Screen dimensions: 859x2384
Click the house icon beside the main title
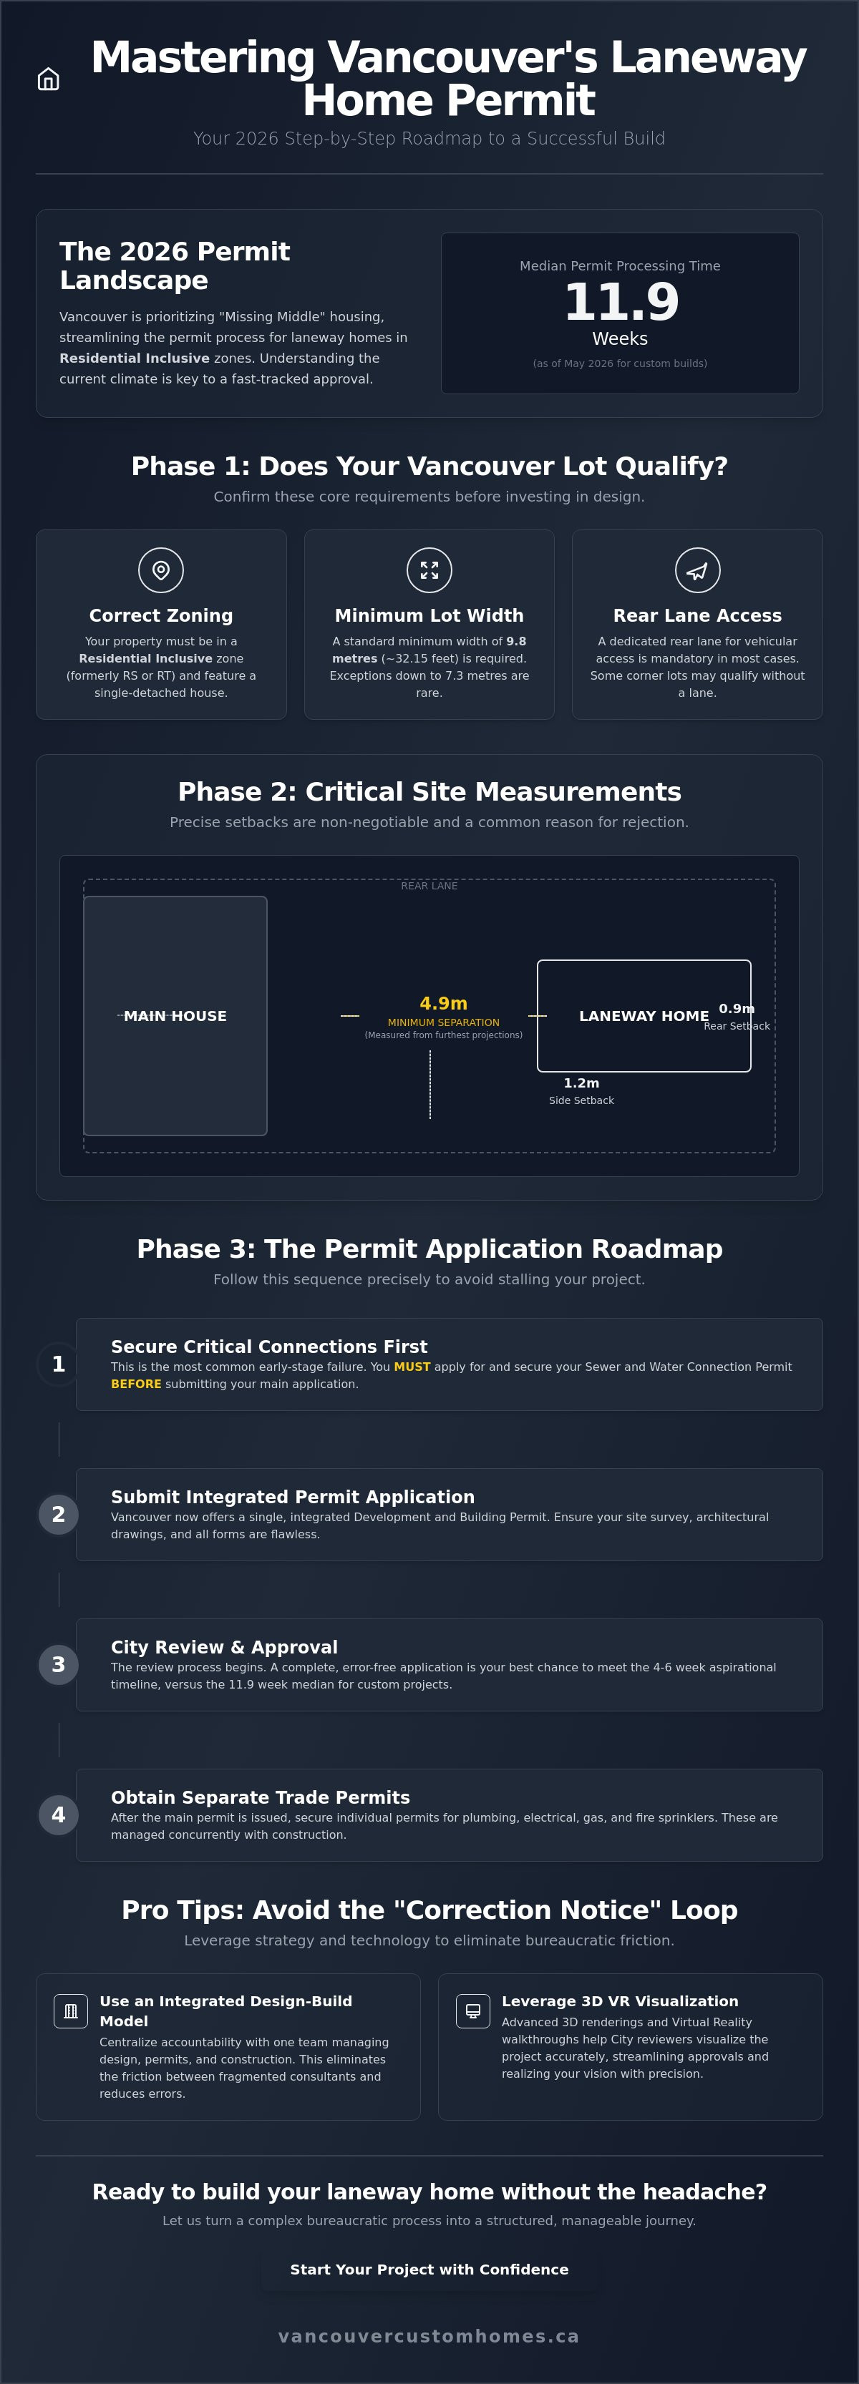click(48, 79)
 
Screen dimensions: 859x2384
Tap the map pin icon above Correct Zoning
click(161, 570)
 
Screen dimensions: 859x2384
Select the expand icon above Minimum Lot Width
click(429, 570)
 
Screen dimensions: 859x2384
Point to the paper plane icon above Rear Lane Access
click(697, 570)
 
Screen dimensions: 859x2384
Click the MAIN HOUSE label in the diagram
click(175, 1016)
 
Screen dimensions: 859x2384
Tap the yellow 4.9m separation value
click(443, 1003)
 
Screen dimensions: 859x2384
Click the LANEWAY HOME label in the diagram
click(644, 1016)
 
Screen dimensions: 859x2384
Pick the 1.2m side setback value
click(581, 1083)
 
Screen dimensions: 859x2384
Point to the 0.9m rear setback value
click(737, 1009)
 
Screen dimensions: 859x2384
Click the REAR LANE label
click(429, 886)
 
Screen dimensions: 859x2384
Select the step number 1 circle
click(58, 1364)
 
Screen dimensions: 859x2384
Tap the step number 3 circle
click(58, 1665)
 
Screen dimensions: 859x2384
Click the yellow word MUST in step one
click(412, 1367)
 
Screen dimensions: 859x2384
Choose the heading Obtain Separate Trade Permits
click(260, 1797)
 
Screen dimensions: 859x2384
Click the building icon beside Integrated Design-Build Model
click(70, 2011)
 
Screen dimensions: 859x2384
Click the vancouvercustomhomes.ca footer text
click(429, 2337)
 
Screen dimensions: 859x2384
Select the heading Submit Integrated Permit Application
click(293, 1497)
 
